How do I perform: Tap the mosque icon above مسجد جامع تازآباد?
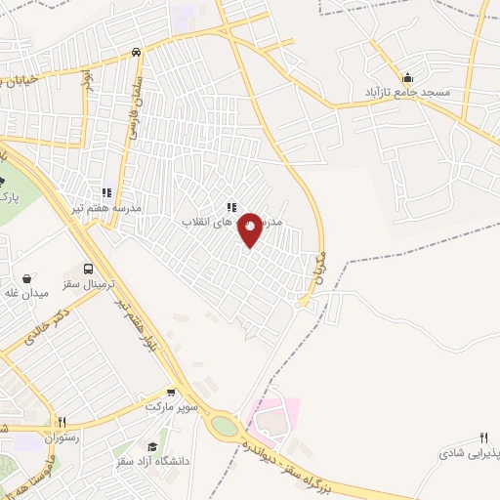tap(407, 77)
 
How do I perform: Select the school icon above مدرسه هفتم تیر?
tap(105, 192)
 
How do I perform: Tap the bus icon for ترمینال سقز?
tap(89, 269)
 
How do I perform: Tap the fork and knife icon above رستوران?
tap(62, 422)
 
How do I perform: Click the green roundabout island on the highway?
tap(224, 428)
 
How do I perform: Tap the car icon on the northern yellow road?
tap(137, 52)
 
